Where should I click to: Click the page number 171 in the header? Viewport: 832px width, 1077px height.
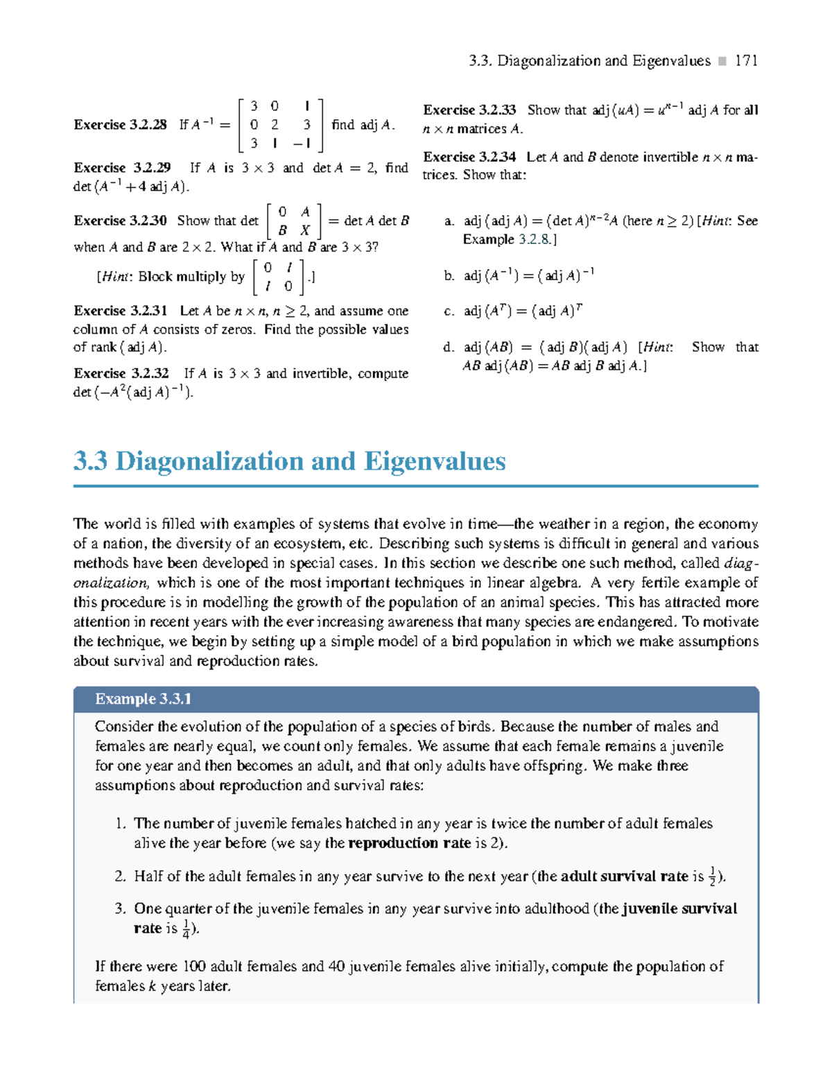pos(746,61)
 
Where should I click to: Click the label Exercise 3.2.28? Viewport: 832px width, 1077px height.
pos(120,125)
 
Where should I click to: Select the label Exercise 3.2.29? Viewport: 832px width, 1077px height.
pos(122,168)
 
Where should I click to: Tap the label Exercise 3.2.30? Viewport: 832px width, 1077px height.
pos(120,221)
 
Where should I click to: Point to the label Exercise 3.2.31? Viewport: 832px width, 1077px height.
pos(121,311)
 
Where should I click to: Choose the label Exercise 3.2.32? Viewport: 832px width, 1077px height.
pos(121,373)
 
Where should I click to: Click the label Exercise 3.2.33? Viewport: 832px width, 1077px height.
pos(469,110)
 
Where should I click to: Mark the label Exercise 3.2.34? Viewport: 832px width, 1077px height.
pos(469,157)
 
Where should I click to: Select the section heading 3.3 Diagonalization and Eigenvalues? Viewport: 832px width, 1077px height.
pos(290,461)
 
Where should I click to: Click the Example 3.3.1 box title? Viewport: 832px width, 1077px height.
pos(144,699)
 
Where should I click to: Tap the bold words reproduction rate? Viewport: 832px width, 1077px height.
pos(409,843)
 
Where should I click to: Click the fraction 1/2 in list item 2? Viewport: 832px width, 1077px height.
pos(712,877)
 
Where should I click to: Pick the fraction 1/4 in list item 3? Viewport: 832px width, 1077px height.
pos(186,929)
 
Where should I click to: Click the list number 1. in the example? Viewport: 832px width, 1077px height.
pos(121,824)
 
